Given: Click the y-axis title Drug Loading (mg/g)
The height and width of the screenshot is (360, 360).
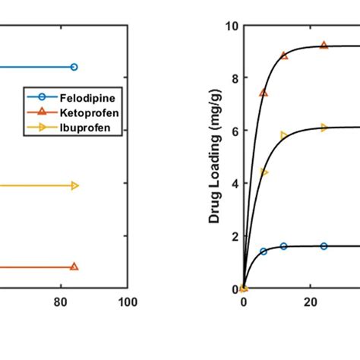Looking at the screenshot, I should (215, 158).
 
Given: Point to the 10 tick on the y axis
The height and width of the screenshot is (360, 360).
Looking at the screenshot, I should (232, 27).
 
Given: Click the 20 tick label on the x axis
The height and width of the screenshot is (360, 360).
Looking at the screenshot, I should (310, 302).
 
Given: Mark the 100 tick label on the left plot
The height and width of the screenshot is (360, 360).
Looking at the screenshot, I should (127, 302).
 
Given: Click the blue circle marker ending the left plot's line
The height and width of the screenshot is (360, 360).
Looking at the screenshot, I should (74, 67).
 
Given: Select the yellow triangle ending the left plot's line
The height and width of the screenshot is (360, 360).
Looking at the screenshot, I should (74, 185).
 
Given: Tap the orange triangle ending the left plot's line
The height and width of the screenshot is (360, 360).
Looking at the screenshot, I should (74, 267).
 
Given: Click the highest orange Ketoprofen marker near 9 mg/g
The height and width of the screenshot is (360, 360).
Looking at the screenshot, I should (324, 46).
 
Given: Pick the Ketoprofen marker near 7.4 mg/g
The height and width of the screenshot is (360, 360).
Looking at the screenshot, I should (264, 93).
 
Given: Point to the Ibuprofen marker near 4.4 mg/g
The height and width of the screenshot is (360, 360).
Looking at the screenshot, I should (264, 172).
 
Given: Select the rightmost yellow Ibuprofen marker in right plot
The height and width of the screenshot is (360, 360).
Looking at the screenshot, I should (324, 128).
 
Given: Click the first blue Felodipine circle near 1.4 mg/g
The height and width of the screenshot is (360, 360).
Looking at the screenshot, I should (264, 251).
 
